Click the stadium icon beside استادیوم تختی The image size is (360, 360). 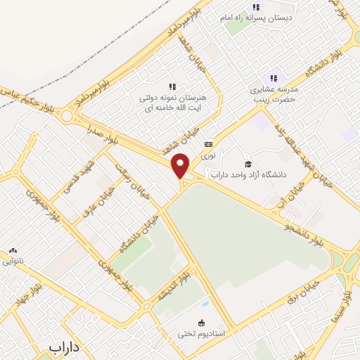click(203, 323)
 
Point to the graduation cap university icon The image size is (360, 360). click(247, 164)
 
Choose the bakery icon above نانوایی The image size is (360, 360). click(13, 250)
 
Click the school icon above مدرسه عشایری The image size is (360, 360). click(274, 78)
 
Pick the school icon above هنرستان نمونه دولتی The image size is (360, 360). click(172, 86)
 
